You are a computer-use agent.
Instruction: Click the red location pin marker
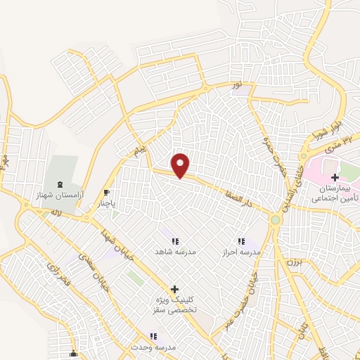coord(181,165)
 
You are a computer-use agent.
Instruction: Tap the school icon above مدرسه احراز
coord(242,241)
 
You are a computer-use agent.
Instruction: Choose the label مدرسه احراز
coord(242,251)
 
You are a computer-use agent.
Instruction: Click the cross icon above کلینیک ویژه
coord(174,289)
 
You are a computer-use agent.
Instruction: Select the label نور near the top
coord(238,85)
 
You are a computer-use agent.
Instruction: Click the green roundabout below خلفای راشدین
coord(276,220)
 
